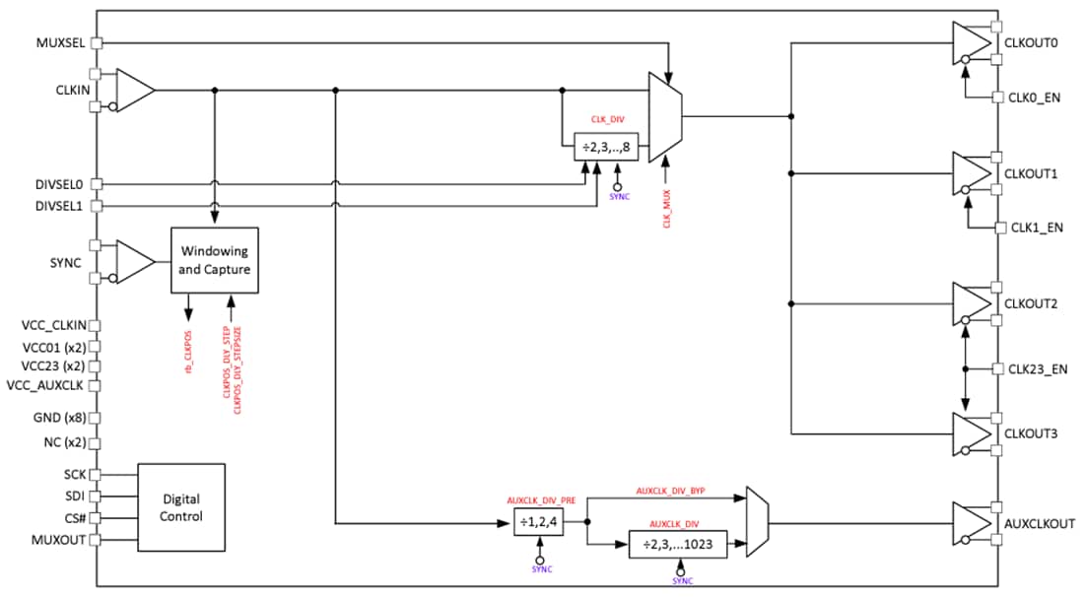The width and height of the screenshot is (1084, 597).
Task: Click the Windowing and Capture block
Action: pyautogui.click(x=215, y=260)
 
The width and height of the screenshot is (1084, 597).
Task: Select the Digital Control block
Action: pyautogui.click(x=181, y=507)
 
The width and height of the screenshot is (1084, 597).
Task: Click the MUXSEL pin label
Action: pyautogui.click(x=60, y=42)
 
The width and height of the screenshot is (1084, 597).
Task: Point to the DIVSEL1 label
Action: pyautogui.click(x=60, y=205)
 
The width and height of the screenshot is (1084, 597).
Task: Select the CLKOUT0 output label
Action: pyautogui.click(x=1031, y=43)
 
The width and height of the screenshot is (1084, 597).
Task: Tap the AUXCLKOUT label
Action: pyautogui.click(x=1039, y=523)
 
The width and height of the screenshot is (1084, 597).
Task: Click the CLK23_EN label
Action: pyautogui.click(x=1038, y=369)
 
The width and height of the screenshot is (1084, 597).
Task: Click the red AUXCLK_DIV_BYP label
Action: pyautogui.click(x=669, y=490)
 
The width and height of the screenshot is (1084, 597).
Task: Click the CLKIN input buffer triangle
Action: pyautogui.click(x=135, y=90)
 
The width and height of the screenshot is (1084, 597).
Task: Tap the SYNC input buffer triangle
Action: pyautogui.click(x=135, y=261)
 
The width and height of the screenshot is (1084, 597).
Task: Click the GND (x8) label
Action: pyautogui.click(x=61, y=417)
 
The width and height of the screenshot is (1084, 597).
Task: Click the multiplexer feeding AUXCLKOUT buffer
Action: pyautogui.click(x=757, y=522)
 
